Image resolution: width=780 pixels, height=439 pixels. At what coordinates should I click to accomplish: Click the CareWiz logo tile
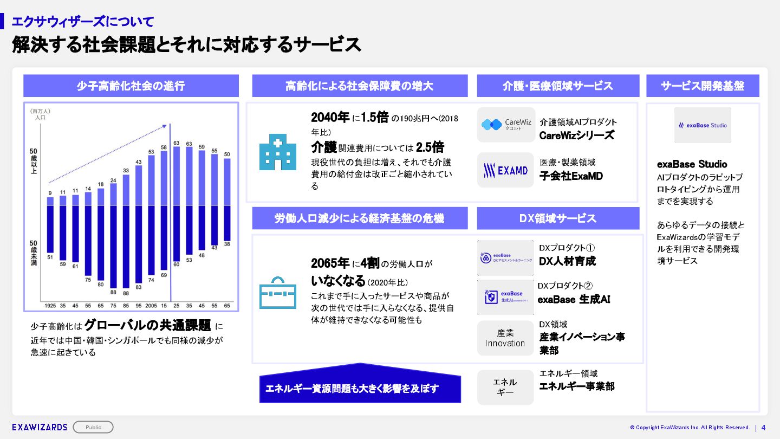click(506, 125)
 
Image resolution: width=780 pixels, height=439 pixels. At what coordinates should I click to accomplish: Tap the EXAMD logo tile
click(505, 170)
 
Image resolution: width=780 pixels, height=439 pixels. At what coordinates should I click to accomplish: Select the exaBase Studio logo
click(703, 125)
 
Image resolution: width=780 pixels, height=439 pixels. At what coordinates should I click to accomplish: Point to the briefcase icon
click(277, 293)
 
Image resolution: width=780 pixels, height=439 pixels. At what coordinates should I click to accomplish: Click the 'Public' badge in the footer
click(93, 427)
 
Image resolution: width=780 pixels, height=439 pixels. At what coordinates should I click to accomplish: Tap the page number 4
click(764, 427)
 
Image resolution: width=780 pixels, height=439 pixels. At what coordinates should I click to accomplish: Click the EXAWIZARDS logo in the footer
click(40, 427)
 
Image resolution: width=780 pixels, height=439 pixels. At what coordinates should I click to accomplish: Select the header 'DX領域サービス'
click(558, 218)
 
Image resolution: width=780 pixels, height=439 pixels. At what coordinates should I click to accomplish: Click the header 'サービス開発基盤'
click(703, 86)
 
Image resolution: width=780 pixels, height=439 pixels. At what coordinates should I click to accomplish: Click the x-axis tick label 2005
click(151, 306)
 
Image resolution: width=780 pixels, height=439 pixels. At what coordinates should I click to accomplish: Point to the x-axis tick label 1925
click(50, 306)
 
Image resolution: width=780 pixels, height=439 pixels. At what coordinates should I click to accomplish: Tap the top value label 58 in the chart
click(164, 147)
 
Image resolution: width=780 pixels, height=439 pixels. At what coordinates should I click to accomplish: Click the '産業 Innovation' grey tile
click(505, 338)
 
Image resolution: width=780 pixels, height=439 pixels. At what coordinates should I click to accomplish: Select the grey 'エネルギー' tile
click(505, 387)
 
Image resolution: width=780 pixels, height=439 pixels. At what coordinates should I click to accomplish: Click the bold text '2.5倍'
click(430, 147)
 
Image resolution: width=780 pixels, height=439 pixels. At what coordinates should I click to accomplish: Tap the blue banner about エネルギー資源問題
click(360, 388)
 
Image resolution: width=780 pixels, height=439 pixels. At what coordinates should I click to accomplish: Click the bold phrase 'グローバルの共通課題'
click(148, 325)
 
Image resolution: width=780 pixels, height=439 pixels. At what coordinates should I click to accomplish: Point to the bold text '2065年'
click(330, 263)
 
